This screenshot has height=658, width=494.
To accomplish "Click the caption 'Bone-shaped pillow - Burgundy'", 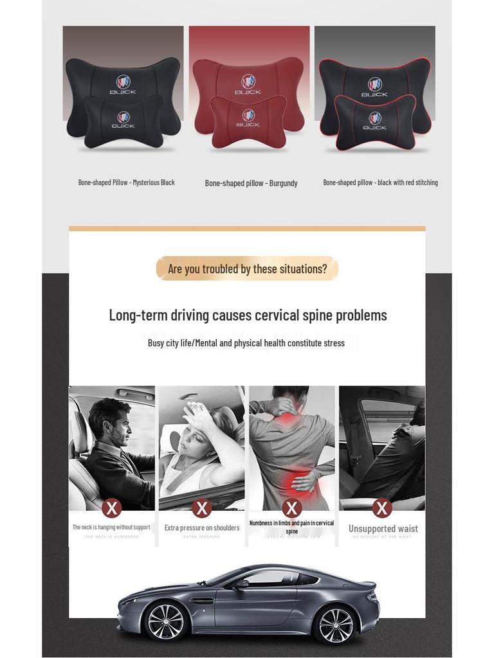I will [x=251, y=183].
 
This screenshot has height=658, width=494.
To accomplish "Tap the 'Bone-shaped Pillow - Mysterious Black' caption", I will [x=127, y=182].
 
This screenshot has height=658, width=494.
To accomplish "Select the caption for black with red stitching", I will [x=380, y=182].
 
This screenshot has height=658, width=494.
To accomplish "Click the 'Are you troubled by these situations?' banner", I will [x=247, y=269].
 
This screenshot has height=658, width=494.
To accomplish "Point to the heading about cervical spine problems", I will [x=248, y=315].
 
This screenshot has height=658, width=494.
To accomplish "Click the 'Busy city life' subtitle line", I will [x=246, y=343].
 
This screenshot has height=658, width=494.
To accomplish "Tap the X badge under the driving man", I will [x=112, y=508].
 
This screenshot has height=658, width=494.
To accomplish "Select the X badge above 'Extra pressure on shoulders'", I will [x=202, y=508].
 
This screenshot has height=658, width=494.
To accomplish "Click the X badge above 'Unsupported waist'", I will [x=382, y=508].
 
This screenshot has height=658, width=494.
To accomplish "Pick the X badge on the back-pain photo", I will [x=292, y=508].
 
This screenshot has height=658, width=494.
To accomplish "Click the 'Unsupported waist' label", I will [x=383, y=529].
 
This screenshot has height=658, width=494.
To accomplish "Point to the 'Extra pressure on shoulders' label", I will [x=202, y=528].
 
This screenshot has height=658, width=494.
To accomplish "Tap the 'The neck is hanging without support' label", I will [x=111, y=528].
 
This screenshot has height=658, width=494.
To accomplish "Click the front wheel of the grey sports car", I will [x=166, y=621].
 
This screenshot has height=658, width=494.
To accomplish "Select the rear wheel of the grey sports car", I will [x=335, y=624].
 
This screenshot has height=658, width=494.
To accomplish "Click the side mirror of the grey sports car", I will [x=242, y=583].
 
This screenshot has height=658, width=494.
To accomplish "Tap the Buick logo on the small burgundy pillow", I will [x=248, y=116].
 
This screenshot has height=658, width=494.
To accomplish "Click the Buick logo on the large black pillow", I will [x=123, y=82].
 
